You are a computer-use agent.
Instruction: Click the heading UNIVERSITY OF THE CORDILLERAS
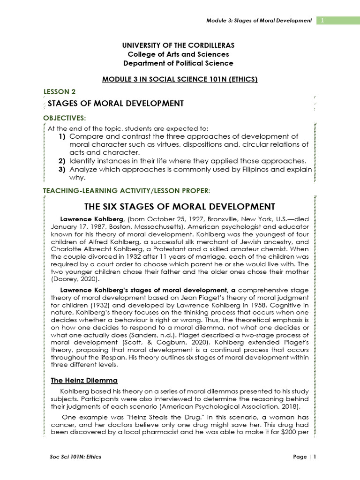pyautogui.click(x=178, y=45)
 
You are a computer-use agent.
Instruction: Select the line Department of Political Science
pyautogui.click(x=178, y=63)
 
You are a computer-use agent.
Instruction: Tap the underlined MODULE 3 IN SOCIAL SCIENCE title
pyautogui.click(x=180, y=79)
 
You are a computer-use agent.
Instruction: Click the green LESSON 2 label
pyautogui.click(x=59, y=92)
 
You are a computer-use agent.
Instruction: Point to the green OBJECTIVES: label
pyautogui.click(x=65, y=117)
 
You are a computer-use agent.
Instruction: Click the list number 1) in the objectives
pyautogui.click(x=62, y=136)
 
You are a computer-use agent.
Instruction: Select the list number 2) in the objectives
pyautogui.click(x=62, y=161)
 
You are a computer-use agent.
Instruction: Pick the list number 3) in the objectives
pyautogui.click(x=62, y=169)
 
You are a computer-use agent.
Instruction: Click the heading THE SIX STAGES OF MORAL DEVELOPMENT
pyautogui.click(x=180, y=206)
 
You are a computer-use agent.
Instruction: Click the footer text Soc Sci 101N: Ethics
pyautogui.click(x=75, y=457)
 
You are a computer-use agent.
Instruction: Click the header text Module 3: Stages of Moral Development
pyautogui.click(x=259, y=21)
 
